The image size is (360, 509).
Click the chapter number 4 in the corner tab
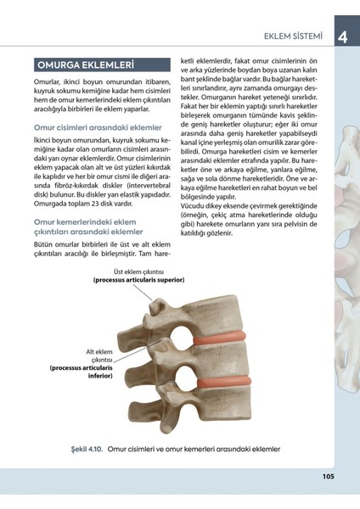click(341, 36)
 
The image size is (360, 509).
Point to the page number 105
click(329, 475)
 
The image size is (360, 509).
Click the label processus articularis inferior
click(82, 374)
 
